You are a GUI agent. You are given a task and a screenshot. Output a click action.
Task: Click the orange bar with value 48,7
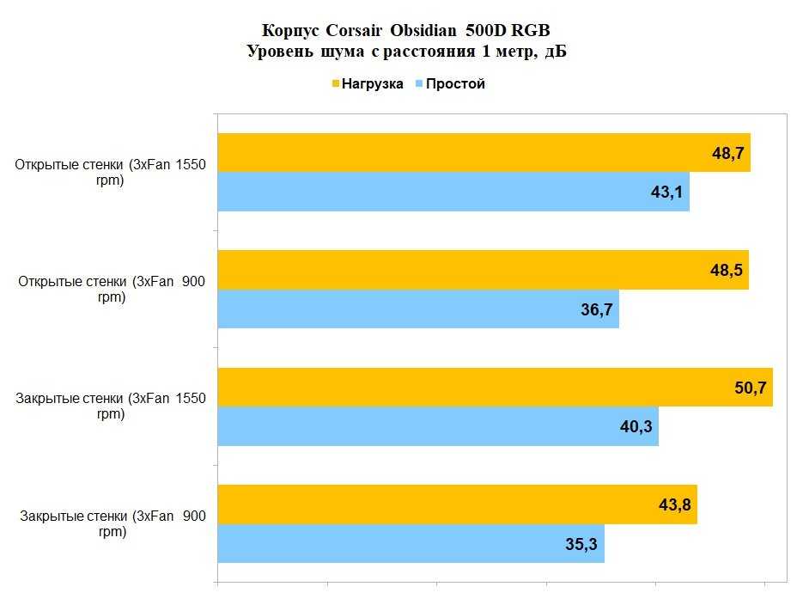point(481,153)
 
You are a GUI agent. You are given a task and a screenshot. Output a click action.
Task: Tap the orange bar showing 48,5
point(481,270)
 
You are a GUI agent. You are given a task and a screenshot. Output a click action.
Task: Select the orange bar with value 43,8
point(455,504)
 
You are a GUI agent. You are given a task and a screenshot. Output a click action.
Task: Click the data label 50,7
point(748,388)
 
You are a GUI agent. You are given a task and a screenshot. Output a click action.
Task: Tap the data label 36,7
point(596,309)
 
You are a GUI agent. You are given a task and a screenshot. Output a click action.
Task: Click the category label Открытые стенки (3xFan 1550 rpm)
point(112,172)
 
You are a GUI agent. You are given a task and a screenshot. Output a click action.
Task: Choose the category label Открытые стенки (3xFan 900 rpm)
point(112,289)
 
